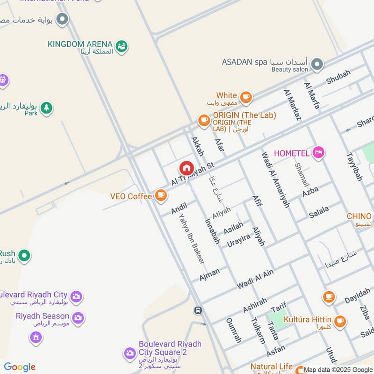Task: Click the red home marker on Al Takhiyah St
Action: pos(186,168)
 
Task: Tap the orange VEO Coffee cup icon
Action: pos(161,196)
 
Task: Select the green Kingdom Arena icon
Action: pos(122,46)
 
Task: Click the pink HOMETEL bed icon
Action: pos(318,152)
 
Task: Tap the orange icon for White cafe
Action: pos(246,98)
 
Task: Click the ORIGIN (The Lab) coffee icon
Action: pos(204,121)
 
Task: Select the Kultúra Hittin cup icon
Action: pos(340,321)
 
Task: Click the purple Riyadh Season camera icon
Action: pos(78,318)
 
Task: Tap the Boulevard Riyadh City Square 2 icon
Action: pos(129,353)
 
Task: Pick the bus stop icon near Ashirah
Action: pos(199,310)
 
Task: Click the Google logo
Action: pos(20,367)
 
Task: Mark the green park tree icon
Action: pos(46,108)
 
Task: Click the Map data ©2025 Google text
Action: pos(338,370)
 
